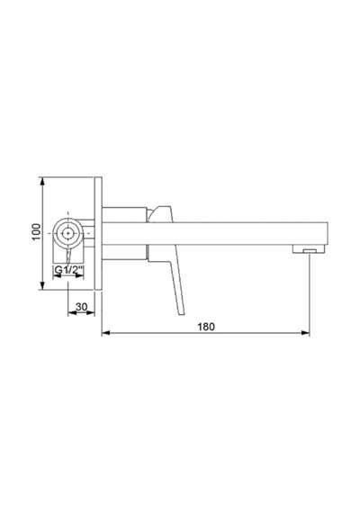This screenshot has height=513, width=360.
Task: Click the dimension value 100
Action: click(x=36, y=231)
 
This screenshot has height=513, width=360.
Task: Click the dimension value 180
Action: click(x=206, y=327)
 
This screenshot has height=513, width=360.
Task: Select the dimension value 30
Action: click(x=82, y=307)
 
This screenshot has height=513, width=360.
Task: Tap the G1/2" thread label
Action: click(x=68, y=270)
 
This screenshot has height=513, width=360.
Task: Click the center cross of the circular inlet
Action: click(x=68, y=233)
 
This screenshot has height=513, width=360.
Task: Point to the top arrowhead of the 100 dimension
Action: click(x=41, y=181)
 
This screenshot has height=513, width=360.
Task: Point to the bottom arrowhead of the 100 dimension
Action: click(x=41, y=285)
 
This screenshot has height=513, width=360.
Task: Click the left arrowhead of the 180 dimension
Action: click(x=105, y=333)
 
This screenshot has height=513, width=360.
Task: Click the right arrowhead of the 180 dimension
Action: click(x=305, y=333)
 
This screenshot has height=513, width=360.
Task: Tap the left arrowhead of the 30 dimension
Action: click(x=72, y=313)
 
